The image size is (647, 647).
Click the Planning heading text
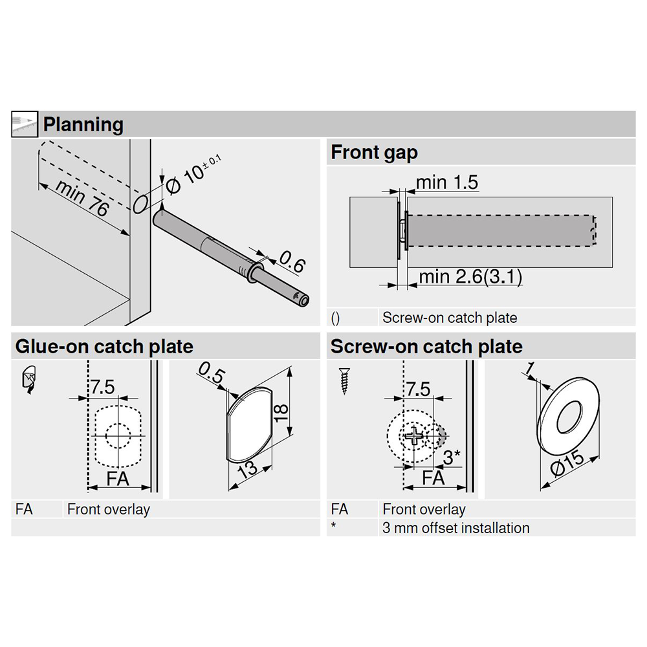coord(83,124)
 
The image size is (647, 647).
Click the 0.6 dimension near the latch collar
coord(291,262)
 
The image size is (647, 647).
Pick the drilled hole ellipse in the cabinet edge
coord(139,204)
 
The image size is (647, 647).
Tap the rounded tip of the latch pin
coord(302,298)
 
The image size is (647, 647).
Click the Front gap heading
coord(374,153)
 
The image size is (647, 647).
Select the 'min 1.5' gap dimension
coord(446,182)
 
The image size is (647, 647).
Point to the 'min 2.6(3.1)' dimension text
coord(470,277)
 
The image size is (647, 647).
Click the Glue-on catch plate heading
coord(104,347)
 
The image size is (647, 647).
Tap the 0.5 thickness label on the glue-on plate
coord(211,374)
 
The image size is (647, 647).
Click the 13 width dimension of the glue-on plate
coord(248,469)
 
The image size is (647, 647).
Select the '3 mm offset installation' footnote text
coord(455,528)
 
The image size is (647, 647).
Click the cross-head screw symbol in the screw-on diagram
coord(411,437)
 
